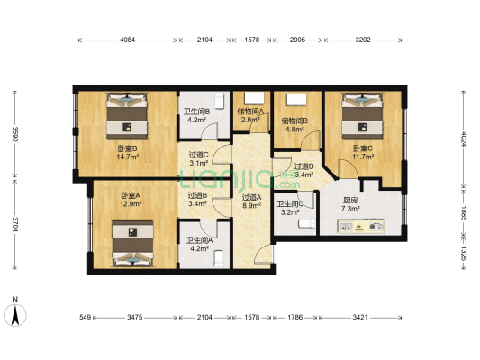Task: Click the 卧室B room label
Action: (126, 148)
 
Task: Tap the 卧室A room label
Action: (131, 195)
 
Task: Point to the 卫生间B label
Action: (197, 112)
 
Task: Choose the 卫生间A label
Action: (199, 240)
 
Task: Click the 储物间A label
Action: (251, 112)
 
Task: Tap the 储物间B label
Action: (294, 120)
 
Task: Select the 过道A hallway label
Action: (251, 197)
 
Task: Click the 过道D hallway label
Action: (304, 166)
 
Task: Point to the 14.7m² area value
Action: (126, 157)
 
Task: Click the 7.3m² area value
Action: (351, 209)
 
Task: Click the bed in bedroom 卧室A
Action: (132, 245)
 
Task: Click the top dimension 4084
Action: (127, 40)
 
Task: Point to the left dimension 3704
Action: (13, 226)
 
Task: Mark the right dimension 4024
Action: (465, 139)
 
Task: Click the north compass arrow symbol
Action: (15, 314)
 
